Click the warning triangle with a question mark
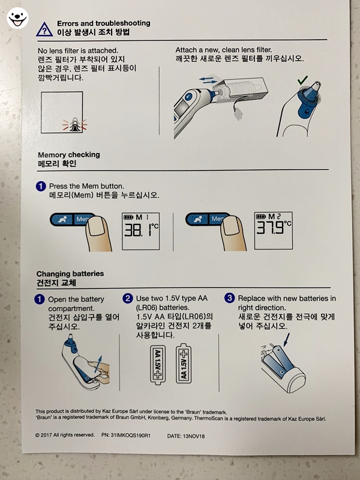point(44,29)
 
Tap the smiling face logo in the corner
point(17,18)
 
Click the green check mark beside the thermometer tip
point(302,80)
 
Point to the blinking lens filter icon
point(74,125)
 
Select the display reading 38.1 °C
point(141,232)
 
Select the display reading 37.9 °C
point(274,230)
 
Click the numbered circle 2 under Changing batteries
point(128,298)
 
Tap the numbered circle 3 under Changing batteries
point(229,298)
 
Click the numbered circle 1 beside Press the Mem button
point(41,186)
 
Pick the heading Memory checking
point(69,155)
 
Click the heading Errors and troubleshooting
point(103,23)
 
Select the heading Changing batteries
point(70,274)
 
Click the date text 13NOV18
point(194,436)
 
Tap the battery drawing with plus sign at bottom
point(158,365)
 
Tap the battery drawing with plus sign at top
point(184,364)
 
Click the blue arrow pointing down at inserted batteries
point(286,340)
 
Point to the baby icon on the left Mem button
point(62,220)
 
